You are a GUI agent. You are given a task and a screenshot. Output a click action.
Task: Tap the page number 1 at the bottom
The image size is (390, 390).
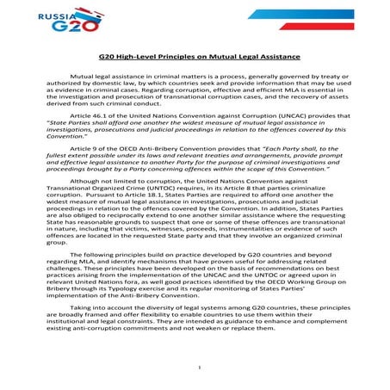click(197, 368)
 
